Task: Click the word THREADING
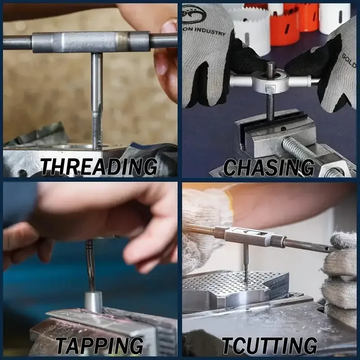coord(99,167)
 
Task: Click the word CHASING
coord(269,167)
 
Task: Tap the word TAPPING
coord(99,346)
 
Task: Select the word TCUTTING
coord(269,346)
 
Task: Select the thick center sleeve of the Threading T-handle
coord(90,42)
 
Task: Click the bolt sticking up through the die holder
coord(270,70)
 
